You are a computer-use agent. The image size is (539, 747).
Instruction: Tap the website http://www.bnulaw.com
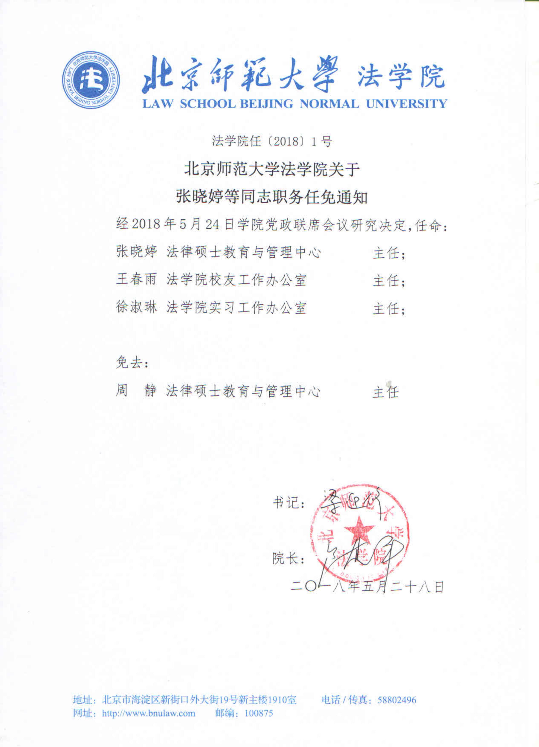(149, 713)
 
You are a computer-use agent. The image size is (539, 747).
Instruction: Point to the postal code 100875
(259, 713)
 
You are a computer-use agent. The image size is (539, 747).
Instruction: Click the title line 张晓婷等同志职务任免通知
(272, 197)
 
